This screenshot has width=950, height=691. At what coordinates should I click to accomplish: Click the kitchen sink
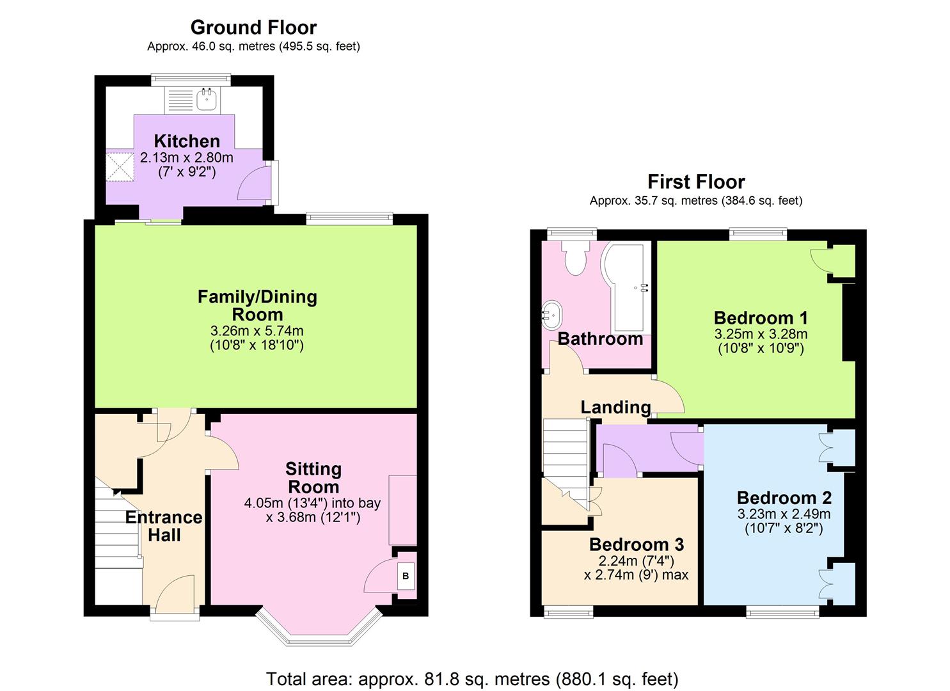point(206,99)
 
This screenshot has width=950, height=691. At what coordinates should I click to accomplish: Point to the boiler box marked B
point(405,576)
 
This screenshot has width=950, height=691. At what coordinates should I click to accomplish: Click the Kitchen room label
point(187,141)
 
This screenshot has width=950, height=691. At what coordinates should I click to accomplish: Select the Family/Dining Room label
point(257,305)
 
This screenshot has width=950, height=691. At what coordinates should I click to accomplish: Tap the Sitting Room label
point(313,477)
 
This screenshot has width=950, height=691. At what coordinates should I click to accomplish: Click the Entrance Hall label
point(164,526)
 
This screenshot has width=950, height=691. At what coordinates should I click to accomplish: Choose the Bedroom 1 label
point(761,317)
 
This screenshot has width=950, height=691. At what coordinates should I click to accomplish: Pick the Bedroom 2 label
point(784,497)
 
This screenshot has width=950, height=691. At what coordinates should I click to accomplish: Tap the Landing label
point(615,407)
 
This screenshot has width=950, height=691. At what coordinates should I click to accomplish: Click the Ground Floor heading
point(253,28)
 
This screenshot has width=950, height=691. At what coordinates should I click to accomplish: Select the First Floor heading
point(696,182)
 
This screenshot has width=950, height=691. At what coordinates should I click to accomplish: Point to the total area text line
point(472,678)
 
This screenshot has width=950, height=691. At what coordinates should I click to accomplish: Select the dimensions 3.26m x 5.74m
point(257,331)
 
